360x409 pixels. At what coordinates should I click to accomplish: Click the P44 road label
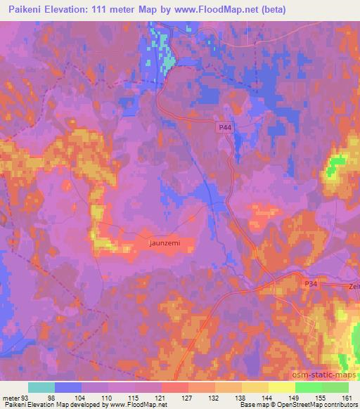pyautogui.click(x=224, y=127)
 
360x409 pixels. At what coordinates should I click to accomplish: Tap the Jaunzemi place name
pyautogui.click(x=170, y=242)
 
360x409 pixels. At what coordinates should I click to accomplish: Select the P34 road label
pyautogui.click(x=311, y=283)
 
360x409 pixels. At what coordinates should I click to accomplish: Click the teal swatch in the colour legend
pyautogui.click(x=41, y=387)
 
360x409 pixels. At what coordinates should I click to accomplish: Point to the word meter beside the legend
pyautogui.click(x=10, y=398)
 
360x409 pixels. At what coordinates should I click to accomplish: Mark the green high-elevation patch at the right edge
pyautogui.click(x=335, y=167)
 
